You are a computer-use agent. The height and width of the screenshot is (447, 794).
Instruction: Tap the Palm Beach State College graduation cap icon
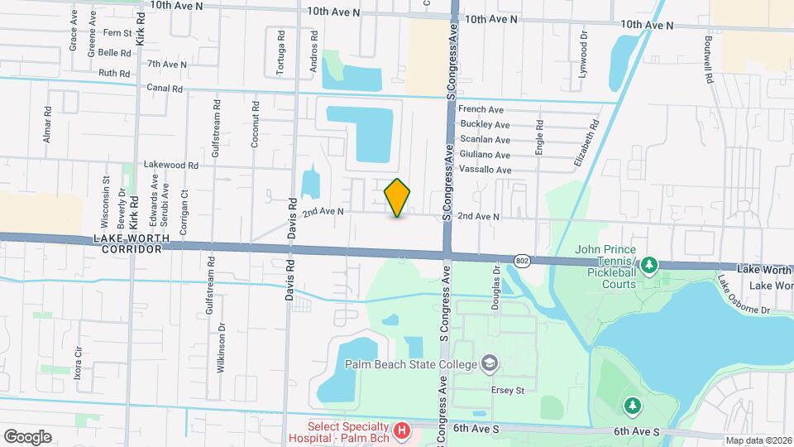pyautogui.click(x=490, y=364)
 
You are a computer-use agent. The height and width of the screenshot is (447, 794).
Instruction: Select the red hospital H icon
pyautogui.click(x=402, y=430)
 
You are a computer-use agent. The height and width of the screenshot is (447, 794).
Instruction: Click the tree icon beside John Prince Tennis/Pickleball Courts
pyautogui.click(x=649, y=264)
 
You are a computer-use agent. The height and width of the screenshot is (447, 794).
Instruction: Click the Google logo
pyautogui.click(x=27, y=436)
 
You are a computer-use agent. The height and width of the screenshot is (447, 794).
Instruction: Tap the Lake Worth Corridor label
pyautogui.click(x=132, y=243)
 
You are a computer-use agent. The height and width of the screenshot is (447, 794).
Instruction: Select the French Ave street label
pyautogui.click(x=481, y=109)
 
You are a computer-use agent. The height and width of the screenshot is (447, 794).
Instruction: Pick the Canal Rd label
pyautogui.click(x=164, y=88)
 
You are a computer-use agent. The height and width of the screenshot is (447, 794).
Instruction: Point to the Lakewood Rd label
pyautogui.click(x=171, y=165)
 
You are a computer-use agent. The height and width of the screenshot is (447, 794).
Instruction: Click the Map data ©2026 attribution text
pyautogui.click(x=758, y=440)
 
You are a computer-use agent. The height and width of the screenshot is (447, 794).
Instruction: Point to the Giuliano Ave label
pyautogui.click(x=485, y=155)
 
